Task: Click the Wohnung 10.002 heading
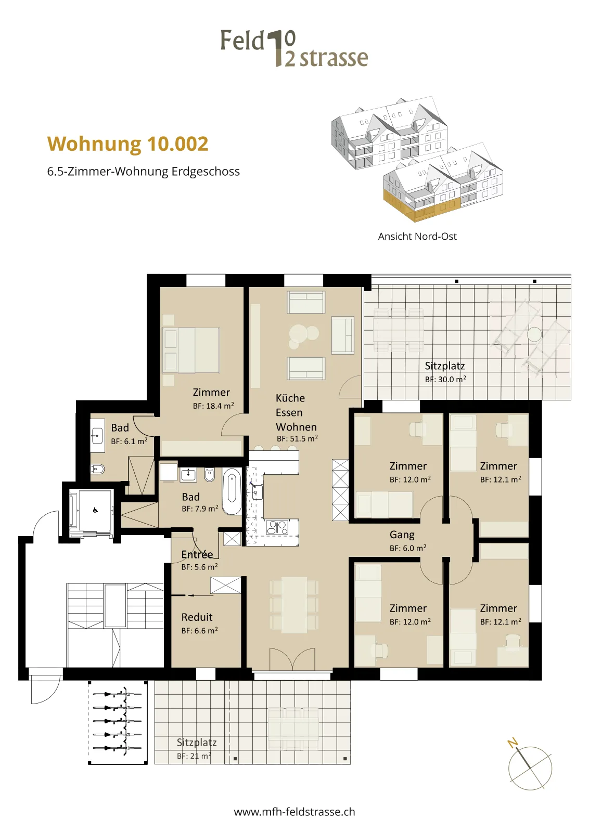pyautogui.click(x=128, y=144)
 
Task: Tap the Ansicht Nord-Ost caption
pyautogui.click(x=417, y=236)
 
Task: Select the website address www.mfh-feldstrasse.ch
pyautogui.click(x=294, y=812)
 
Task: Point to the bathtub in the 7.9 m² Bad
pyautogui.click(x=232, y=491)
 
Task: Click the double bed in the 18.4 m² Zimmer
pyautogui.click(x=191, y=350)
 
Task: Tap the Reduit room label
pyautogui.click(x=197, y=617)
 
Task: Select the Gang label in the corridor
pyautogui.click(x=402, y=535)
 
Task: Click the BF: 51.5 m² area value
pyautogui.click(x=297, y=438)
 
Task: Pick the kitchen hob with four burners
pyautogui.click(x=277, y=528)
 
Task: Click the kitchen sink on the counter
pyautogui.click(x=256, y=491)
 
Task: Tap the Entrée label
pyautogui.click(x=197, y=554)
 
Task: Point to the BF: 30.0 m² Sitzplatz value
pyautogui.click(x=445, y=379)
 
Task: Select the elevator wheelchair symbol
pyautogui.click(x=95, y=510)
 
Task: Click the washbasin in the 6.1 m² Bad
pyautogui.click(x=97, y=435)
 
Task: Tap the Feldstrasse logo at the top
pyautogui.click(x=294, y=48)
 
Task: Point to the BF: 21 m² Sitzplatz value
pyautogui.click(x=194, y=756)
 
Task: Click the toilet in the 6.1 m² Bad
pyautogui.click(x=97, y=470)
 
